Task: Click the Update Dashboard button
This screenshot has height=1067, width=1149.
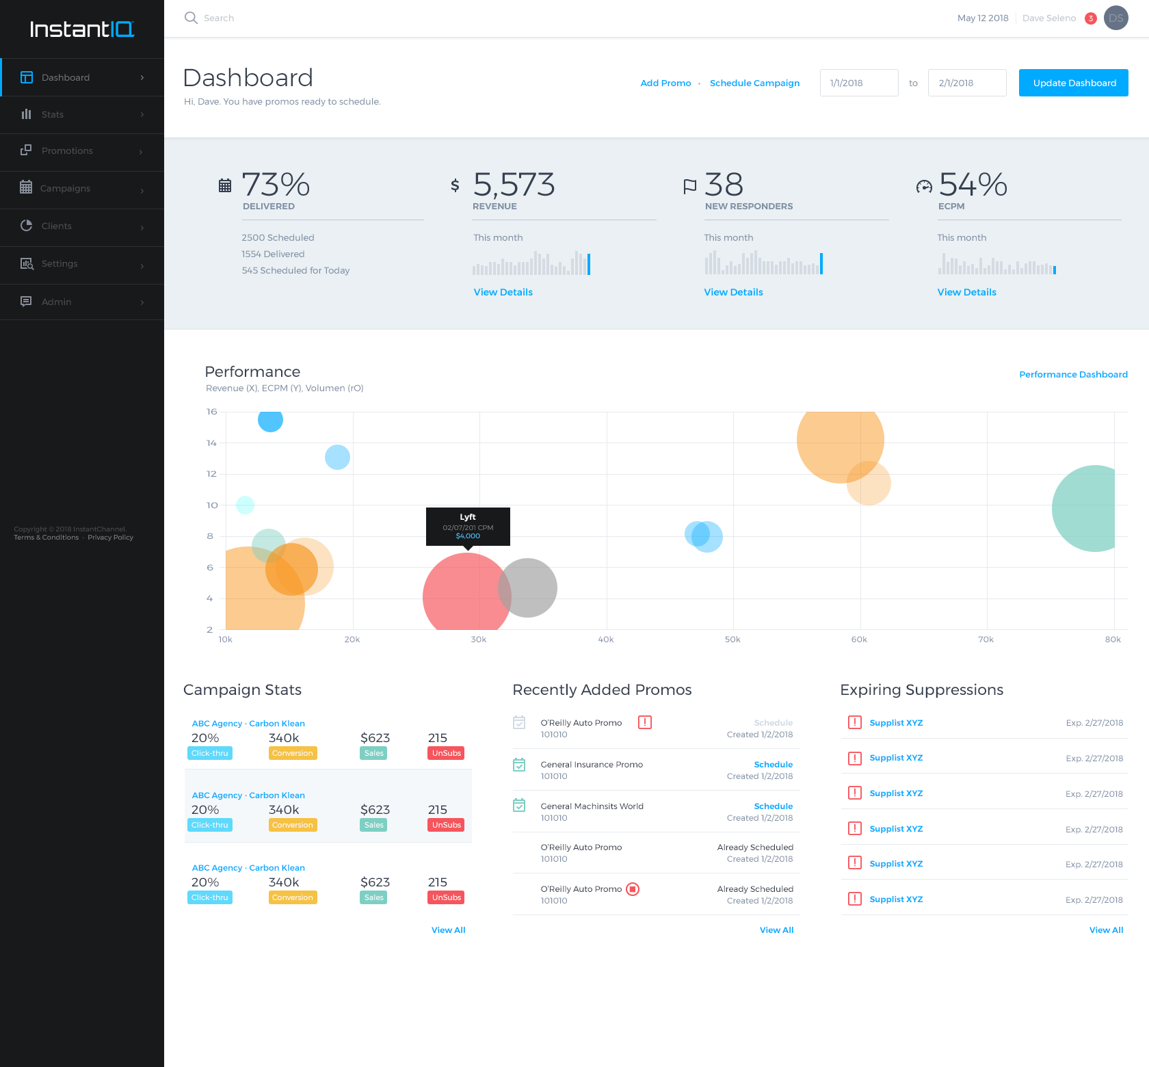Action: (1073, 83)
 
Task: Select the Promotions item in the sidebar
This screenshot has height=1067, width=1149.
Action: (67, 151)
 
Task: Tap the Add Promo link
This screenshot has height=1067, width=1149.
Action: (665, 83)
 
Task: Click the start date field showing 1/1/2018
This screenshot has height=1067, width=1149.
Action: (858, 83)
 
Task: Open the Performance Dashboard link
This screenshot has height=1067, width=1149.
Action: (1072, 374)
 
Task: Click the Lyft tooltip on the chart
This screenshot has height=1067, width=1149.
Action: (468, 526)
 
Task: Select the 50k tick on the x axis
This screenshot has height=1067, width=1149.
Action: (732, 640)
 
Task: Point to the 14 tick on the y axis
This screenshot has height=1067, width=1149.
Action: (211, 443)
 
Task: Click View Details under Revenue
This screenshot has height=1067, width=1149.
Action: (503, 292)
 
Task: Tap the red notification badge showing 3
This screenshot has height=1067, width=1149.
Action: (1091, 18)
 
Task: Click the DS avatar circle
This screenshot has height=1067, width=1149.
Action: (1115, 18)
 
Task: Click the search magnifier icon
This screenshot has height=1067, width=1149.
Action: (191, 18)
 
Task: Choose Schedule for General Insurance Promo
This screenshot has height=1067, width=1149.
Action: (773, 765)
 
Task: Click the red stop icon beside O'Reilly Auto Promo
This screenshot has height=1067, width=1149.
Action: (633, 889)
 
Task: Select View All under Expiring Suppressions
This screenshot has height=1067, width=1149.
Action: (1105, 930)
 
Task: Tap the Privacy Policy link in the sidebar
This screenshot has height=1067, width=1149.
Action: (110, 538)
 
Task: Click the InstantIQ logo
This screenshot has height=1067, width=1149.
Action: (82, 29)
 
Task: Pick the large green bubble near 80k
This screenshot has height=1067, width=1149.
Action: (1087, 508)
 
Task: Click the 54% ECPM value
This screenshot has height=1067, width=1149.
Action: (972, 185)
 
